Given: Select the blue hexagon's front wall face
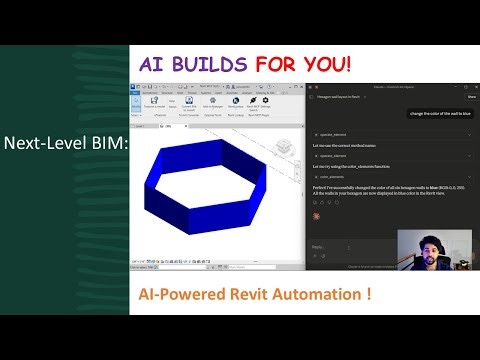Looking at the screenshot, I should [x=212, y=223].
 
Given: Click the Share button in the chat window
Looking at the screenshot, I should [x=471, y=97].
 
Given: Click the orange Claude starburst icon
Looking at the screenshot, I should [x=316, y=213].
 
